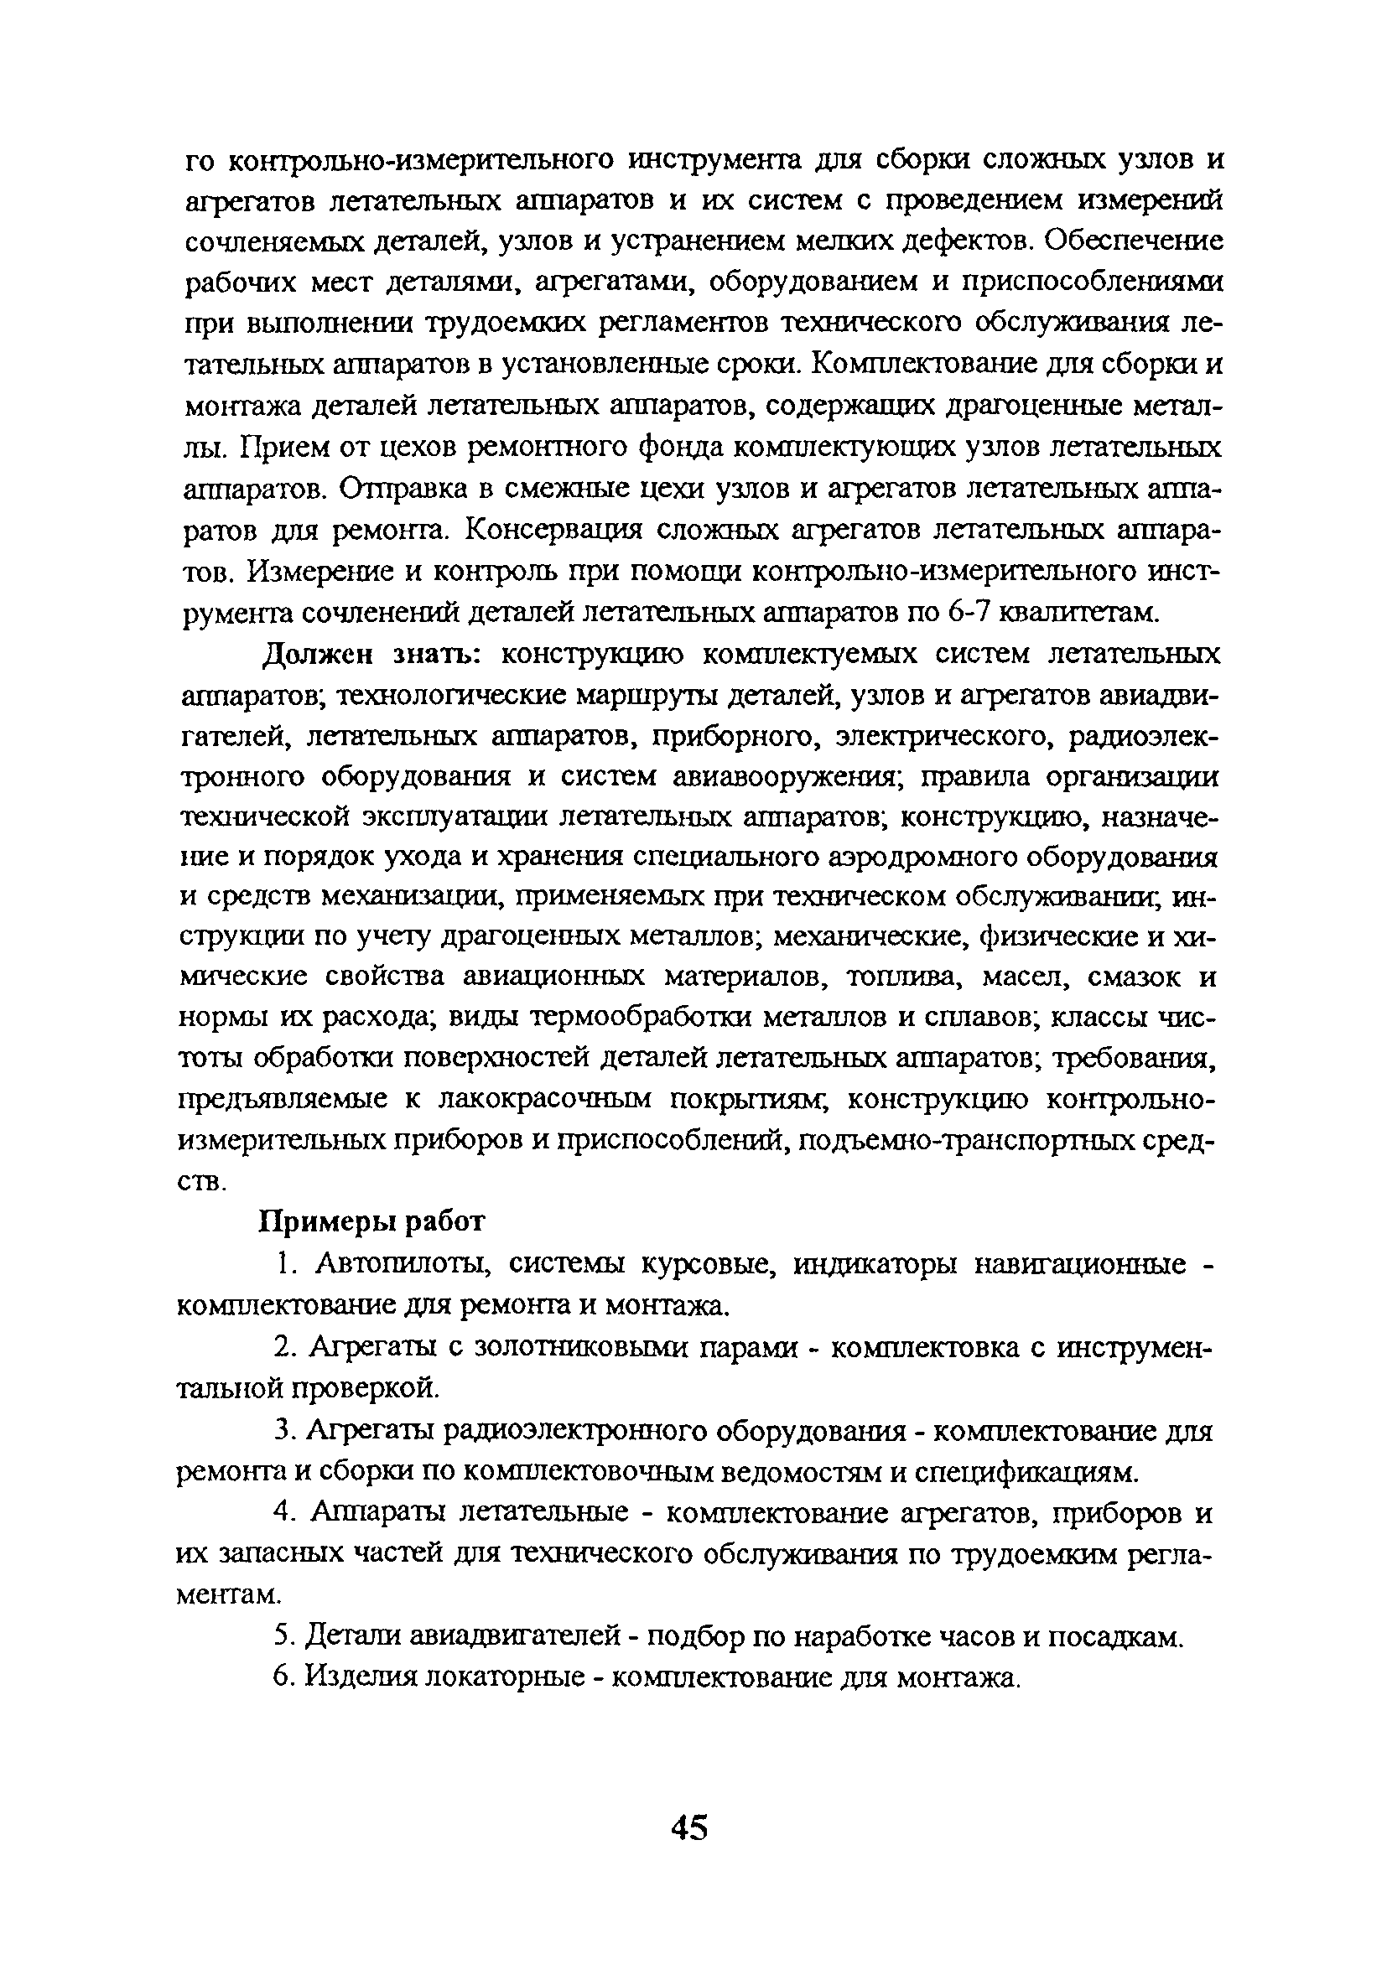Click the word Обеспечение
pyautogui.click(x=1134, y=241)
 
